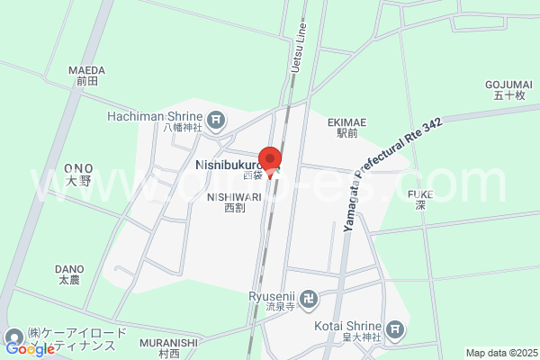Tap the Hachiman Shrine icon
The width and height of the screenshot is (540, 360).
pos(217,118)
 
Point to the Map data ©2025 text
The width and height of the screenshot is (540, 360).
pos(500,353)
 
